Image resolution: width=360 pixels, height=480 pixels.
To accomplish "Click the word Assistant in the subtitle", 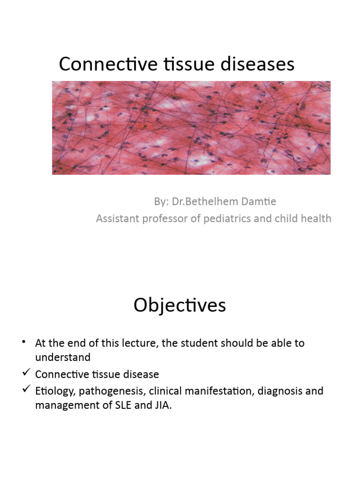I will click(x=117, y=218).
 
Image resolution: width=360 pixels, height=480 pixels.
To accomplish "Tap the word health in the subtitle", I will click(x=316, y=218).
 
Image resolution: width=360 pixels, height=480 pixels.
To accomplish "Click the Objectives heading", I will click(x=180, y=306).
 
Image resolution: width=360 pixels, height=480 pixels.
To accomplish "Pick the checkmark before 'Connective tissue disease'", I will click(x=26, y=374).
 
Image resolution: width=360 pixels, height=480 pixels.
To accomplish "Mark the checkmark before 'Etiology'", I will click(x=26, y=390).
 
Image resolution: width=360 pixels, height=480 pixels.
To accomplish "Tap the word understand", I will click(x=62, y=358).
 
